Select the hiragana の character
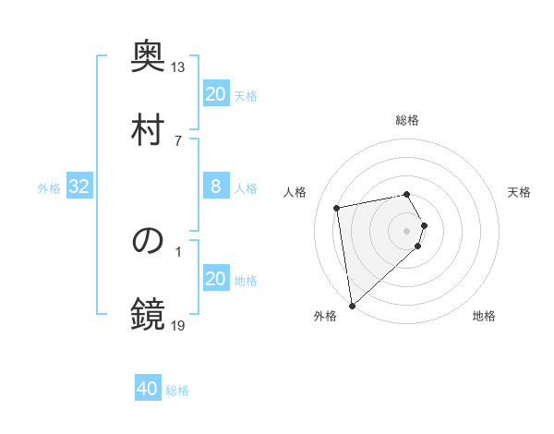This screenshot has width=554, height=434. click(x=148, y=240)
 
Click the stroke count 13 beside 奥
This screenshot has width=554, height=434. click(x=178, y=66)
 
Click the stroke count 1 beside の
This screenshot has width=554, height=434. click(x=178, y=250)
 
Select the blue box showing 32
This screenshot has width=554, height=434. click(x=79, y=187)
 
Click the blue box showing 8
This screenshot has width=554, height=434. click(x=215, y=187)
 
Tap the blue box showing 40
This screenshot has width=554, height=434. click(x=148, y=389)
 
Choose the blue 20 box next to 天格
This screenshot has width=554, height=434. click(x=215, y=94)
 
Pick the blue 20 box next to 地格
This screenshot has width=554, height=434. click(x=215, y=279)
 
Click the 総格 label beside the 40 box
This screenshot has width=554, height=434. click(x=177, y=391)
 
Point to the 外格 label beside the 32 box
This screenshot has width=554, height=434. click(x=49, y=188)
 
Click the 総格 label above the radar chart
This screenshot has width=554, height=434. click(x=407, y=120)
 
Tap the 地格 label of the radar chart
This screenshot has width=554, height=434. click(x=484, y=317)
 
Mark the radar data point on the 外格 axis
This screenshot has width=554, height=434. click(x=352, y=305)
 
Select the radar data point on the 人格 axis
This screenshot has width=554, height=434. click(x=337, y=207)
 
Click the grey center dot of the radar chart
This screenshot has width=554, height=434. click(x=407, y=229)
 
